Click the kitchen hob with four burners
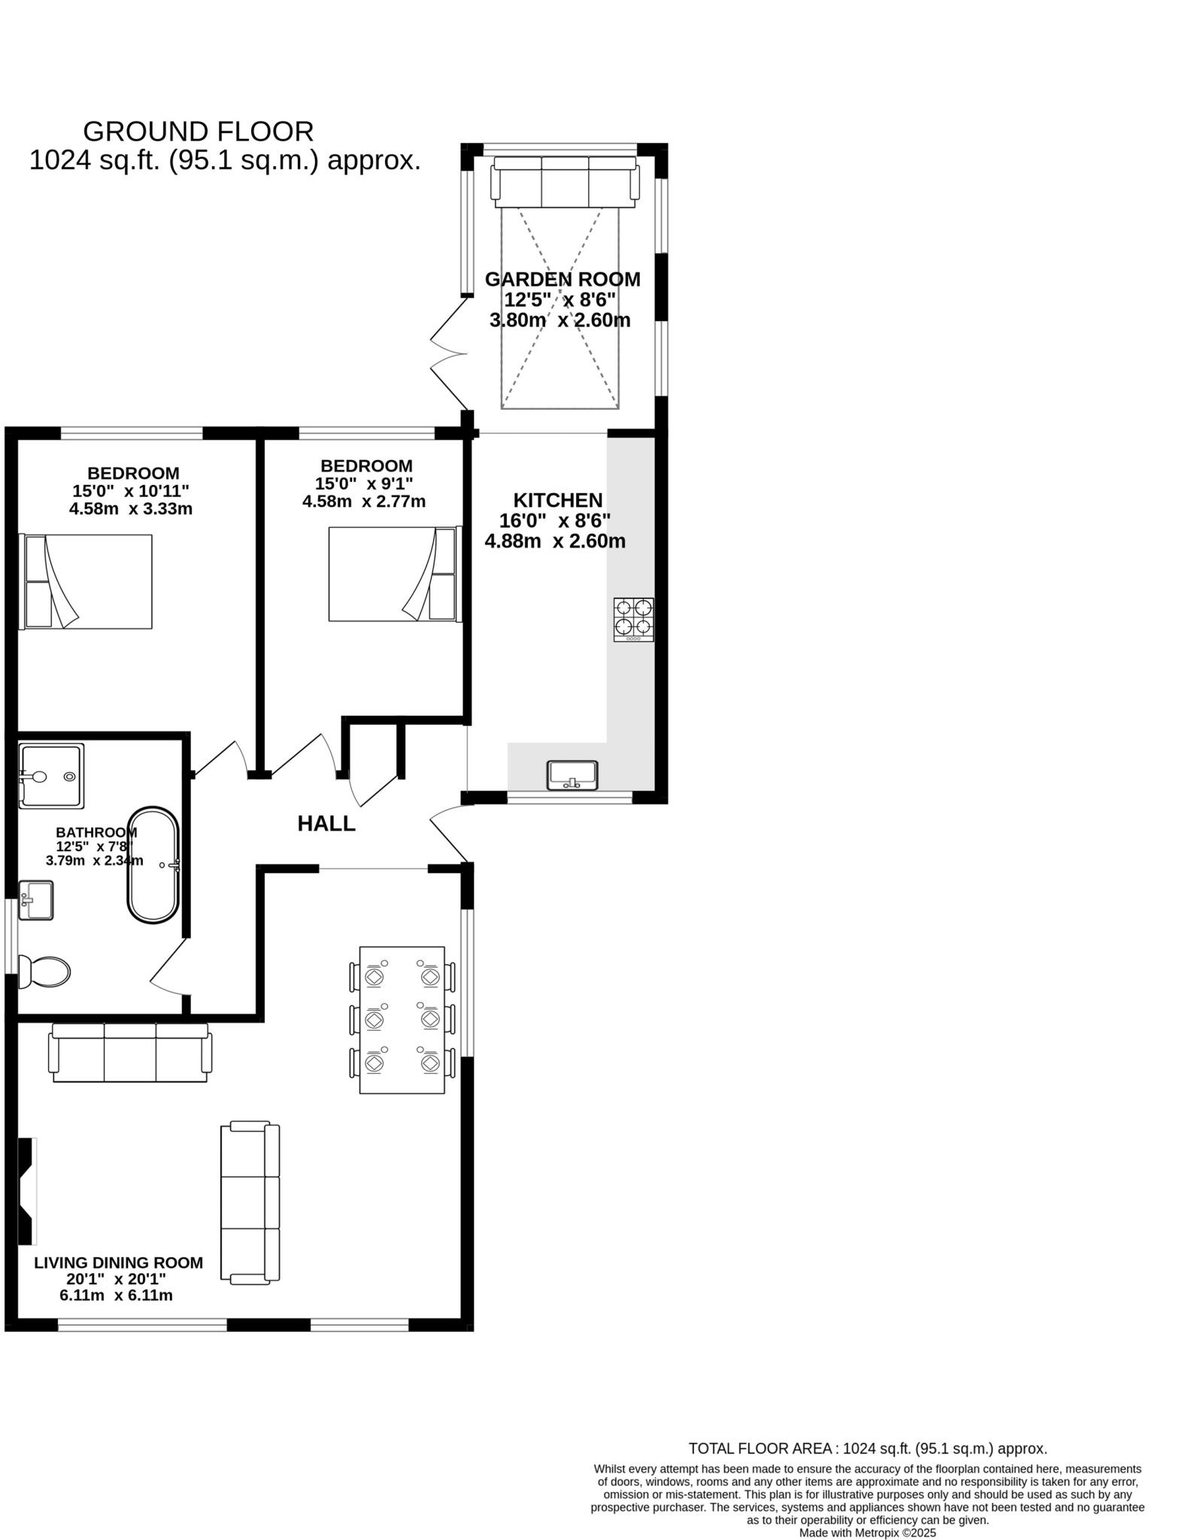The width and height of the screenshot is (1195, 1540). [633, 619]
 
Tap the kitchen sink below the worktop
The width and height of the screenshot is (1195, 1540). [572, 775]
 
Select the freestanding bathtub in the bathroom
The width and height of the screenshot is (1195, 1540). [153, 865]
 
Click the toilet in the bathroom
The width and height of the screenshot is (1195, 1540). [45, 972]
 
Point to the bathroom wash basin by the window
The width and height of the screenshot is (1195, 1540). [35, 900]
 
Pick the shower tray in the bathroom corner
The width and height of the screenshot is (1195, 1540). [50, 777]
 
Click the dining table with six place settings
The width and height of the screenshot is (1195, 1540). [402, 1020]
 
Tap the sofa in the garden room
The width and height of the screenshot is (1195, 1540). [565, 182]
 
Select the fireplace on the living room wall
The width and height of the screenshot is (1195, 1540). [27, 1191]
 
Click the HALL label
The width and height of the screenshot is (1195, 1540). [326, 824]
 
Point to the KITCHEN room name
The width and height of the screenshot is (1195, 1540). [557, 500]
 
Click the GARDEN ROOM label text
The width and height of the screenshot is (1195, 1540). [563, 279]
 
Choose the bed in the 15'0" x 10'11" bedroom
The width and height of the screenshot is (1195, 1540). [86, 581]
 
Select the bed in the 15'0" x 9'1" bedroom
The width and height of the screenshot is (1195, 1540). [393, 574]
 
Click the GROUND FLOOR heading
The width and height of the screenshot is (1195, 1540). [198, 132]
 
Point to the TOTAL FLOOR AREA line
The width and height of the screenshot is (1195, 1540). [867, 1448]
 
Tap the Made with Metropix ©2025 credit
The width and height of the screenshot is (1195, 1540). [867, 1532]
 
